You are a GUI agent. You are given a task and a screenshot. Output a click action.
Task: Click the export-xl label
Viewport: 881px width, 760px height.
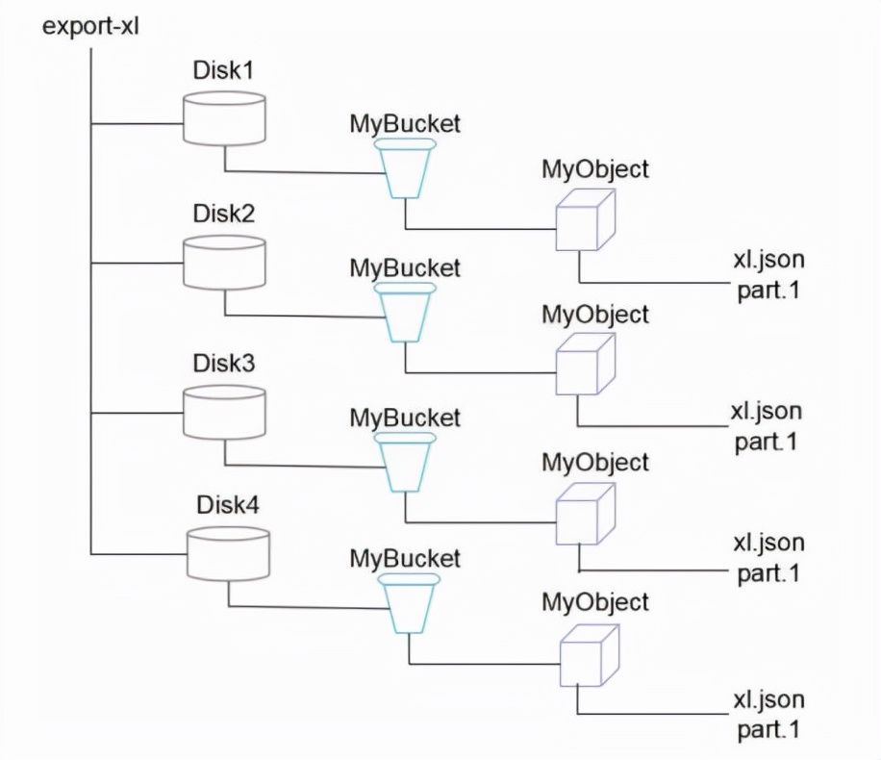[90, 26]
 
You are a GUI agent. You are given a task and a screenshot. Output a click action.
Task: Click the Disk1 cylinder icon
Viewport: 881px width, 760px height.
[224, 118]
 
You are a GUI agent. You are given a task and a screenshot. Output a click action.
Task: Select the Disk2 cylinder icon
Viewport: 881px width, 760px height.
[224, 263]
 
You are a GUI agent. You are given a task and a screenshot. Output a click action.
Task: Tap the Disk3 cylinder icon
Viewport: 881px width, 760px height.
[224, 413]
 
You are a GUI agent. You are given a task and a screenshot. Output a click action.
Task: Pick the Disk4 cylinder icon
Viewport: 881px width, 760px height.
[228, 554]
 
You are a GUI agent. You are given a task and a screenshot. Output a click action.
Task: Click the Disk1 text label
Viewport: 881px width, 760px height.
[223, 70]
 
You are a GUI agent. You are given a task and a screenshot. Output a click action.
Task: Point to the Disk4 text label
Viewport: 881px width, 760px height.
[228, 505]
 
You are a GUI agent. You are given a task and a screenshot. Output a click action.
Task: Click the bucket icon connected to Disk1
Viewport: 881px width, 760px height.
[405, 168]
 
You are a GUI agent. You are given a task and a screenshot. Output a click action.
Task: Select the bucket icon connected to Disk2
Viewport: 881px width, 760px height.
[405, 313]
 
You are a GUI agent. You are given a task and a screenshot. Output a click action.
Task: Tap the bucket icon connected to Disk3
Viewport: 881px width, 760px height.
[405, 463]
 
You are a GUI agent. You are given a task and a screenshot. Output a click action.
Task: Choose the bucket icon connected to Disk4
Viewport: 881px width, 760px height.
[409, 604]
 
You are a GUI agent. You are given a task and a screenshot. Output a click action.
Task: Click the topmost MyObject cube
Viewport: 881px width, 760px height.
[586, 219]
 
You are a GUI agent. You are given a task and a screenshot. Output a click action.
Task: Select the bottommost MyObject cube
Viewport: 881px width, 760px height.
[590, 655]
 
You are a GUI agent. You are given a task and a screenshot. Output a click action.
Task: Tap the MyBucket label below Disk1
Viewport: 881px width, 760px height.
[405, 124]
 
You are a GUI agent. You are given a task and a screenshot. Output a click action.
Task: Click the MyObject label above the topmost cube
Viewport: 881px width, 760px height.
[595, 169]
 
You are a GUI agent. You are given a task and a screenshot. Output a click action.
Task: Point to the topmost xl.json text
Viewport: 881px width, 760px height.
[768, 260]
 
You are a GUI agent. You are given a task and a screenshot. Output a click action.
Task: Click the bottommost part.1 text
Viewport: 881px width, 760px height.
[768, 729]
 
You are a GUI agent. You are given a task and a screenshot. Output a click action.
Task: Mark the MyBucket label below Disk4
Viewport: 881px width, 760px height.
[405, 559]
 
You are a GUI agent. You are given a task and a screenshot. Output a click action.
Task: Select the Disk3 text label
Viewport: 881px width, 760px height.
[224, 363]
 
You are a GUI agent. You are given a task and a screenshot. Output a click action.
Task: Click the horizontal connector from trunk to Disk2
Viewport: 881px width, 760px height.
[138, 263]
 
